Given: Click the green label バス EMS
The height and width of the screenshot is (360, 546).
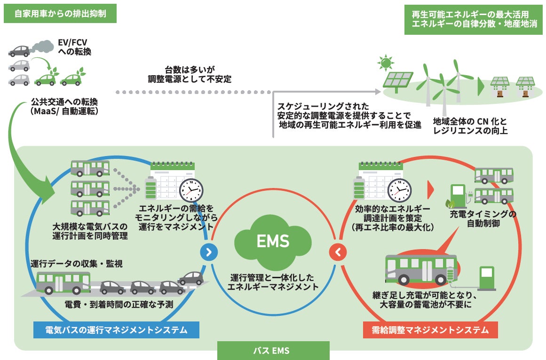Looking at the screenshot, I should (x=273, y=351).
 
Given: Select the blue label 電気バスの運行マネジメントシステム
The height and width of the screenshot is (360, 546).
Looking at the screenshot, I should (x=116, y=330).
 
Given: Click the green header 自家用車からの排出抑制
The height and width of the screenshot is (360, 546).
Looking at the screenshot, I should (x=60, y=14).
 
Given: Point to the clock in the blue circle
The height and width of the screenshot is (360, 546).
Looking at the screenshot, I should (x=191, y=190).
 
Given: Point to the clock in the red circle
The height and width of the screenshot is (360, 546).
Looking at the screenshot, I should (x=399, y=190).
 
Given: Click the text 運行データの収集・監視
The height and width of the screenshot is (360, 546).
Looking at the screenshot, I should (x=76, y=264).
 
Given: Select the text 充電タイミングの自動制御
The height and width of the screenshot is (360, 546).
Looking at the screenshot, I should (x=483, y=219).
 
